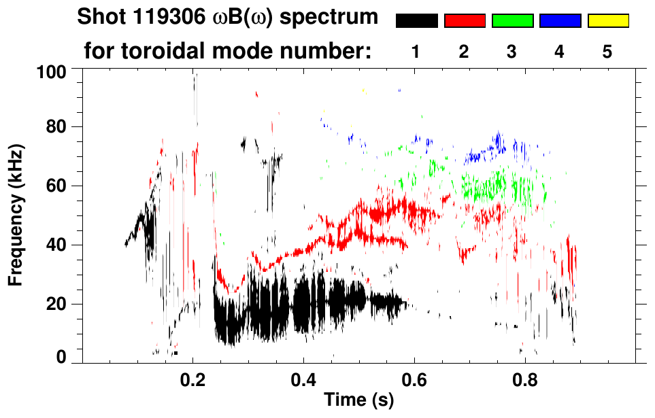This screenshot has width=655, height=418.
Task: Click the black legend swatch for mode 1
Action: tap(416, 21)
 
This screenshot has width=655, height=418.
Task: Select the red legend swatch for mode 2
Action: tap(465, 21)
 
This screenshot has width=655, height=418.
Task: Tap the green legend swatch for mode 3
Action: tap(512, 21)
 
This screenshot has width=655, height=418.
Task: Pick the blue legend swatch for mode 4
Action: tap(560, 21)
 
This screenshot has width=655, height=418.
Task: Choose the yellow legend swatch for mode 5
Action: tap(608, 21)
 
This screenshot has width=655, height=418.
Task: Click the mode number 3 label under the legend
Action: tap(512, 52)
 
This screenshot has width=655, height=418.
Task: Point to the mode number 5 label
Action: tap(608, 52)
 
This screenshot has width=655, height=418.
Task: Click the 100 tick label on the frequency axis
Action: tap(52, 71)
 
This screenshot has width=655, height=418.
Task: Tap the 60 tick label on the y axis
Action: tap(57, 186)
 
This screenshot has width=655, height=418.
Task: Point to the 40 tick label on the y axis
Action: tap(57, 245)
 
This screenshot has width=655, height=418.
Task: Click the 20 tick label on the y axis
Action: tap(57, 304)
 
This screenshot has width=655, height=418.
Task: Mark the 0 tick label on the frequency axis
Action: tap(62, 357)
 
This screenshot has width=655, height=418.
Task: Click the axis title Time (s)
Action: tap(358, 401)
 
